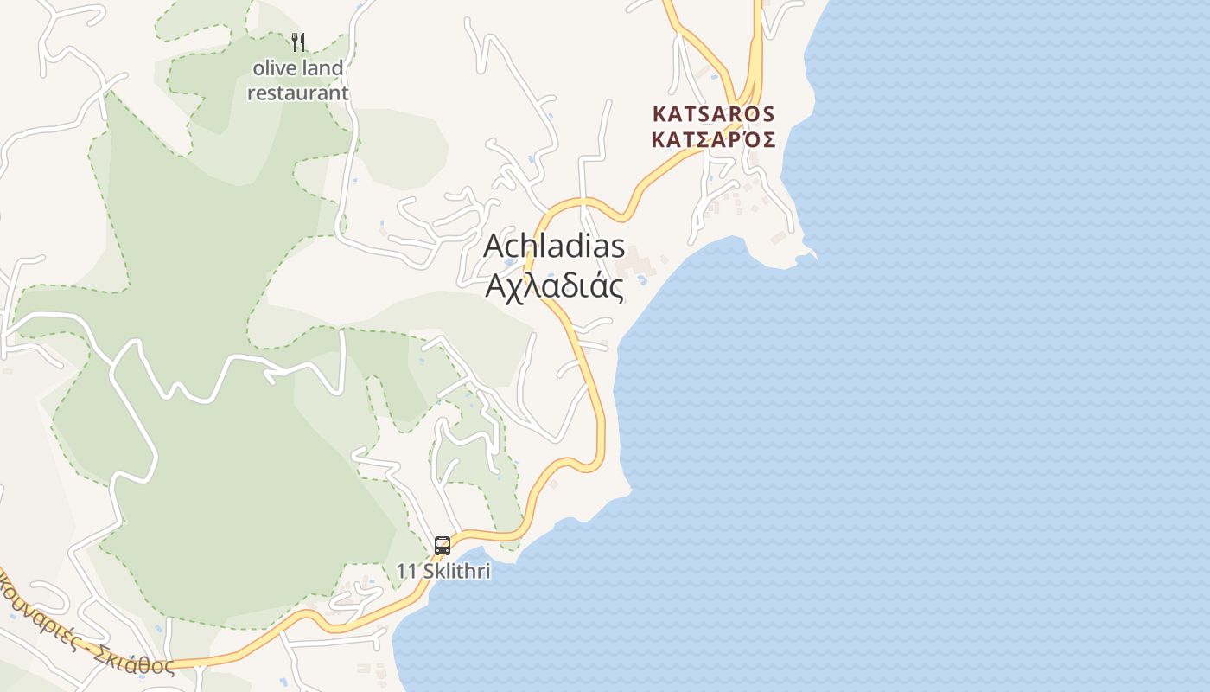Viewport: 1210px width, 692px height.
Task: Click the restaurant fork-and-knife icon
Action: click(x=298, y=42)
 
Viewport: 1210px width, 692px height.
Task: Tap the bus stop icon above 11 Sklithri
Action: click(x=443, y=546)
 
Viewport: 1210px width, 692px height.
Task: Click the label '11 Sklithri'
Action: click(x=443, y=571)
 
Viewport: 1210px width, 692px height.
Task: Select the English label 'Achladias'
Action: click(x=554, y=246)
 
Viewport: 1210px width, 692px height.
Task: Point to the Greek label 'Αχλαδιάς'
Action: click(x=554, y=285)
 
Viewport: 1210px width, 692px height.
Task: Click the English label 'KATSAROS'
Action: click(x=713, y=114)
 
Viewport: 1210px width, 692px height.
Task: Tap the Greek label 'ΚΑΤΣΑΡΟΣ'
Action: click(x=713, y=139)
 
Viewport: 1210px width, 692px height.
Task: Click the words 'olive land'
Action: click(x=298, y=67)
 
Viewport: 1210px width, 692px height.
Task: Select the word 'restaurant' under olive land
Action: click(x=298, y=93)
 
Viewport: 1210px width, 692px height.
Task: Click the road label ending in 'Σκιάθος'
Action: click(x=86, y=623)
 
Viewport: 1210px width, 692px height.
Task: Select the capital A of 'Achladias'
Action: click(x=494, y=247)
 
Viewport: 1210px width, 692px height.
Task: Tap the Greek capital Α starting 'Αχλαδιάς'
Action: click(x=494, y=285)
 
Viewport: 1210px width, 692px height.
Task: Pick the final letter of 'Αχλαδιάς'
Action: click(x=615, y=289)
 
